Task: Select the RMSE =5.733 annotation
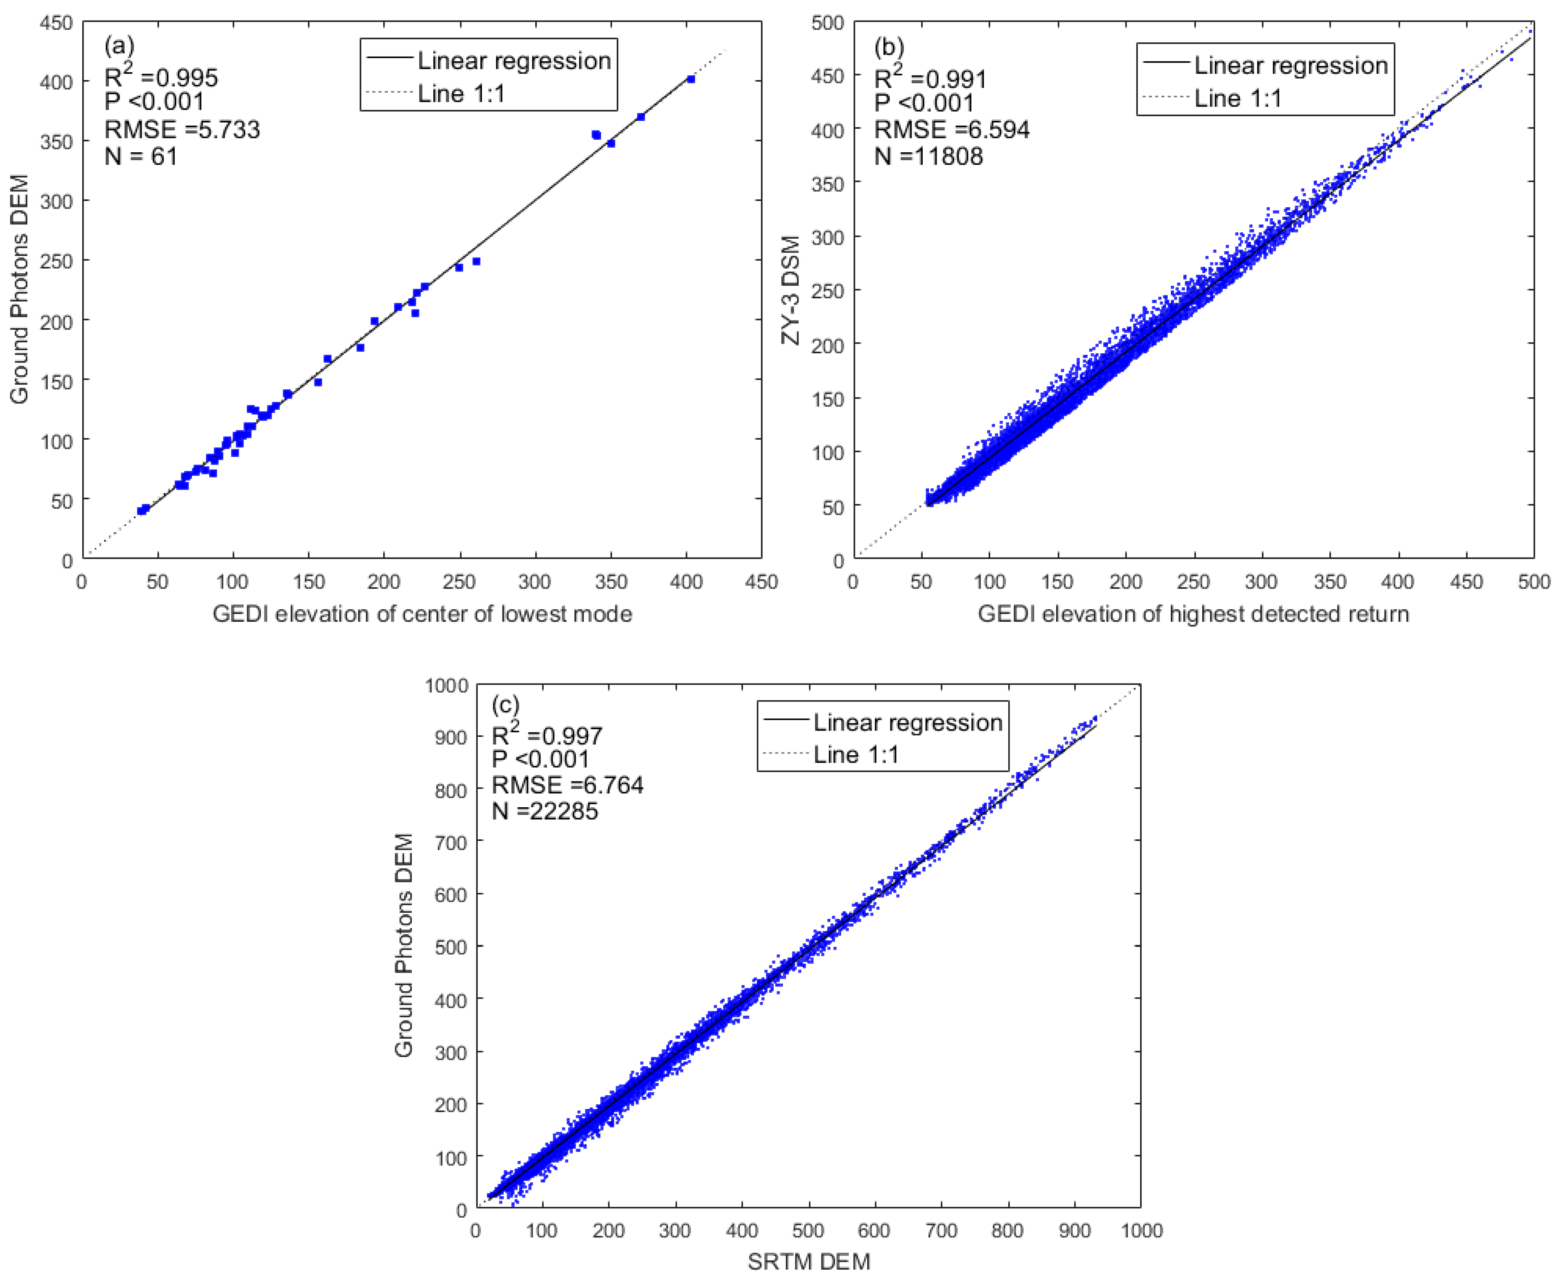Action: (x=182, y=130)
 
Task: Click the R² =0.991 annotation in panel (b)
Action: (x=930, y=78)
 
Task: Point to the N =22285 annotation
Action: (x=545, y=811)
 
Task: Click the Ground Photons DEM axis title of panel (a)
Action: (x=19, y=289)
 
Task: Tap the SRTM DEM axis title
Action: (x=808, y=1262)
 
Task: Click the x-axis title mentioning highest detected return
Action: (x=1193, y=614)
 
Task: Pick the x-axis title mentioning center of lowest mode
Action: (x=422, y=614)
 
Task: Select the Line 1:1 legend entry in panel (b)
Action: (x=1237, y=98)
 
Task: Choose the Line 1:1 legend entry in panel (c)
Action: (x=856, y=754)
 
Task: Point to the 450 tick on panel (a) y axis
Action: (x=56, y=23)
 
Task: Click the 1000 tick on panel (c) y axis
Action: (x=446, y=686)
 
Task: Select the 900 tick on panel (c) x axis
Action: (x=1074, y=1230)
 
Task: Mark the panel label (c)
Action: (x=506, y=705)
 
